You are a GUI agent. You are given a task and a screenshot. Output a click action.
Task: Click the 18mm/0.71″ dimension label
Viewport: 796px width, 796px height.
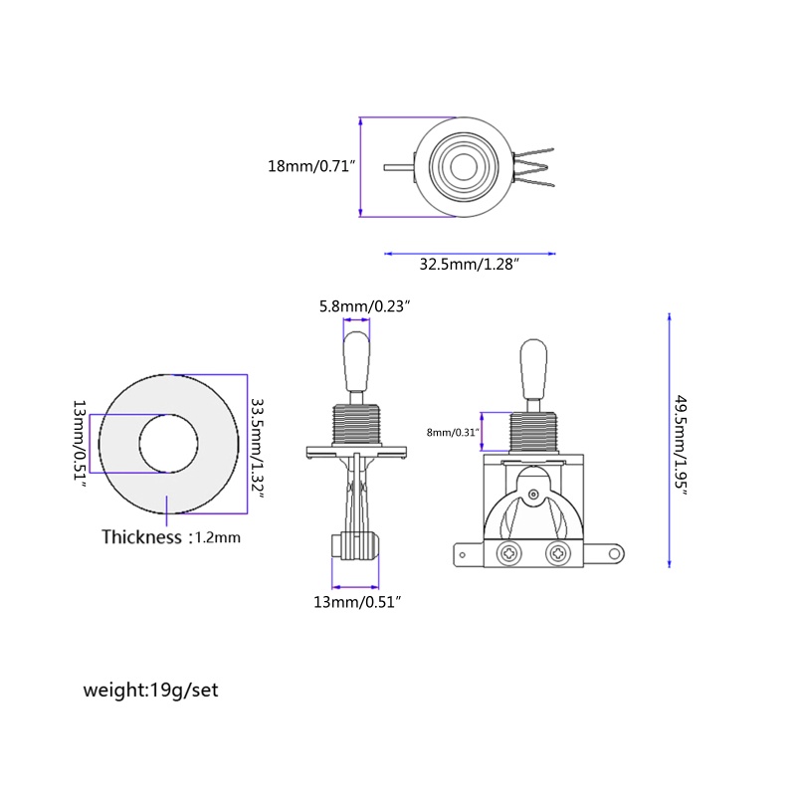(311, 166)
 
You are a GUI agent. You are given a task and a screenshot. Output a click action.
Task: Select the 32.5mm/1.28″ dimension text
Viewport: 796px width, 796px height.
(470, 265)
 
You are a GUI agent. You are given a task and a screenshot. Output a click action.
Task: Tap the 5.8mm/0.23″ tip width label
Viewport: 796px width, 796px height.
(364, 306)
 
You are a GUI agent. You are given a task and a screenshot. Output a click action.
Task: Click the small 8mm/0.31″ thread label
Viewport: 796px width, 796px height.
(453, 433)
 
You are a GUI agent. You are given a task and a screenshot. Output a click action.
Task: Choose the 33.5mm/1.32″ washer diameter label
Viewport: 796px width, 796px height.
(258, 448)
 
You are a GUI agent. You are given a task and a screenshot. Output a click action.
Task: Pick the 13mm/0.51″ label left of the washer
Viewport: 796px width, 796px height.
(81, 443)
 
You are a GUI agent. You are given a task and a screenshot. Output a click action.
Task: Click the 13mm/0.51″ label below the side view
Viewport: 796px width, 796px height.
(358, 602)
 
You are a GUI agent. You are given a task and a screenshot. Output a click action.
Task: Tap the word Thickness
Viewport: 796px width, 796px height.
(141, 537)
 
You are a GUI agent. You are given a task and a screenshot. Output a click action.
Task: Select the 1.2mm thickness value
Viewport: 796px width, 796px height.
(218, 537)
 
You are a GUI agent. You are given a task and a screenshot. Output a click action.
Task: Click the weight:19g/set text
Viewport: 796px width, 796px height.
(151, 690)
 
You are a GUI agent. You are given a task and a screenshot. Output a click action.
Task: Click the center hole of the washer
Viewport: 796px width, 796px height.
(168, 444)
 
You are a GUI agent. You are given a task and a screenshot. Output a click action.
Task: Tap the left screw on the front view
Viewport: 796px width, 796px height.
(507, 553)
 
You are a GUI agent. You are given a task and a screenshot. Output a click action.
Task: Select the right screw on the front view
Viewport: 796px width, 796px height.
(557, 553)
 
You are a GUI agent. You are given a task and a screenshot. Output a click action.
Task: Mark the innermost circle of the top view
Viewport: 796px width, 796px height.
(464, 167)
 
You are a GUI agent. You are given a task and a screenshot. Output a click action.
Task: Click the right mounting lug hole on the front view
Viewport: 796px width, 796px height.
(614, 554)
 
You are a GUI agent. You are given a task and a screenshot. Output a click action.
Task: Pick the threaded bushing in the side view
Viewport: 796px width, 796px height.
(356, 425)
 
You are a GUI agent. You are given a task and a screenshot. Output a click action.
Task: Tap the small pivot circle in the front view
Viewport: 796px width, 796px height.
(533, 494)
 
